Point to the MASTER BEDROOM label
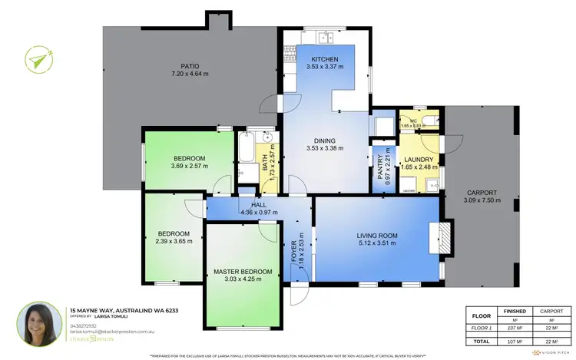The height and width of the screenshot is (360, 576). tap(243, 272)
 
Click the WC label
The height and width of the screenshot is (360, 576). tap(412, 121)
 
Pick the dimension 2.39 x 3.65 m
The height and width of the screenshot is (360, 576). tap(174, 242)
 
